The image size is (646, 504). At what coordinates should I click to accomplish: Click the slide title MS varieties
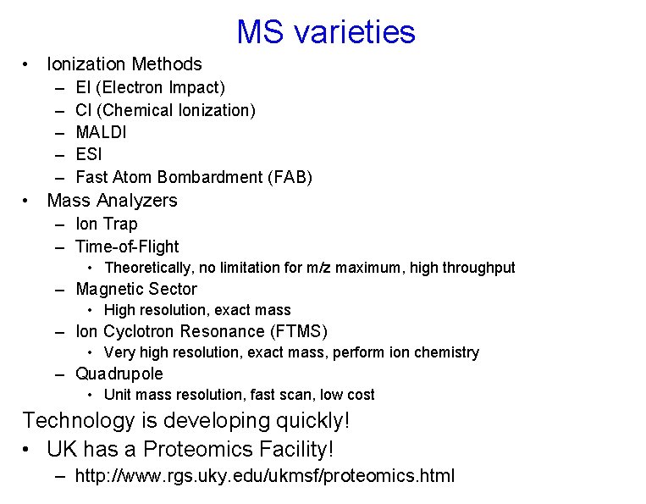[x=326, y=32]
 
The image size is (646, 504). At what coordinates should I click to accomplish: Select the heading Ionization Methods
[x=124, y=64]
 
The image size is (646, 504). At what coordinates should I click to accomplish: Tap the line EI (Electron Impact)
[x=150, y=87]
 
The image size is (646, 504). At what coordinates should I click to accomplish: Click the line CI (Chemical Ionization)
[x=165, y=110]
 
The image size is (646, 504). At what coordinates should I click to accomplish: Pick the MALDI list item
[x=101, y=132]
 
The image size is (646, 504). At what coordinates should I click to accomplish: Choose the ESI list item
[x=89, y=155]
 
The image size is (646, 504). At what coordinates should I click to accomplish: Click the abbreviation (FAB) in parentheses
[x=290, y=178]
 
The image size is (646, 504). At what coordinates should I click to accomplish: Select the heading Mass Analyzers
[x=112, y=201]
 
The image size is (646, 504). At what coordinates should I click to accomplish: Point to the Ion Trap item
[x=106, y=224]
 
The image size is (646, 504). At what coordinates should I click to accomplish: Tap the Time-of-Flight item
[x=127, y=247]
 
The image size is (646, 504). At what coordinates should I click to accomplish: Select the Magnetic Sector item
[x=135, y=290]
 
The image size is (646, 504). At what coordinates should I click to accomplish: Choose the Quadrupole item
[x=119, y=374]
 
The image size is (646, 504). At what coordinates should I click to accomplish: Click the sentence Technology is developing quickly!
[x=186, y=421]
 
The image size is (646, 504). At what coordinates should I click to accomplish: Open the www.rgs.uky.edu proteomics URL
[x=264, y=476]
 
